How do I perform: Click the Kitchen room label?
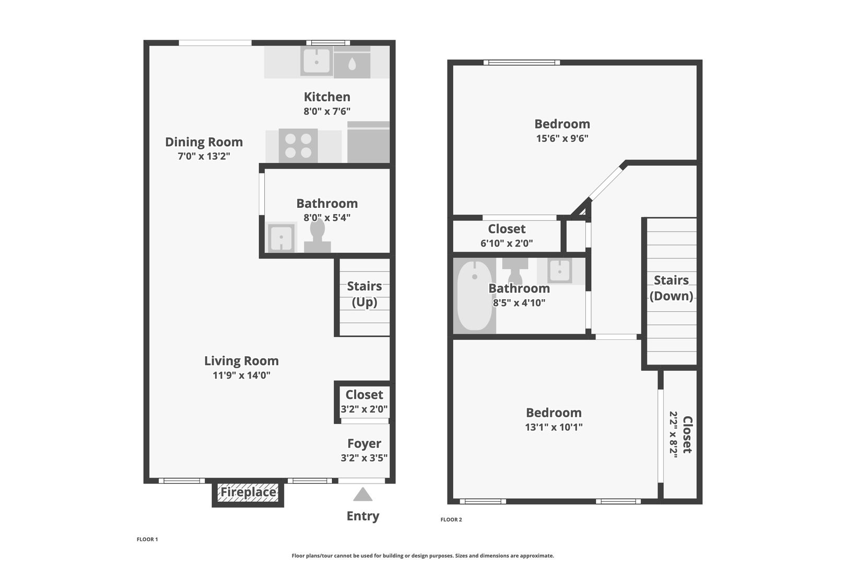[327, 97]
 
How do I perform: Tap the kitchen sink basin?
[316, 61]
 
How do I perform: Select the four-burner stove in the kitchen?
[298, 145]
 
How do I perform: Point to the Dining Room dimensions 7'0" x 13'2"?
[204, 156]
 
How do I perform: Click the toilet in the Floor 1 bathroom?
[318, 236]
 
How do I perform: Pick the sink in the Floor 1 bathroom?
[281, 237]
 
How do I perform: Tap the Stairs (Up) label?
[365, 294]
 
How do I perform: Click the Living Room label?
[242, 361]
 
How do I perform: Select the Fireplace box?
[248, 492]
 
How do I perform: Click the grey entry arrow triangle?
[363, 495]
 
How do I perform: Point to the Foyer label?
[365, 443]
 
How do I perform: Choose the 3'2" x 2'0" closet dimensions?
[364, 409]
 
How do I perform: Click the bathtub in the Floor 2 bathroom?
[475, 296]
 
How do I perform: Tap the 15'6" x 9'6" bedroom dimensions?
[562, 138]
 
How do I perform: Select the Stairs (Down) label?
[672, 288]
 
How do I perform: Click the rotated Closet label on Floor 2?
[687, 435]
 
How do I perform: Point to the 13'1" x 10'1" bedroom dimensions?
[554, 427]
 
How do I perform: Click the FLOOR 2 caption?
[451, 520]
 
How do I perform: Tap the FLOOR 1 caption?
[147, 539]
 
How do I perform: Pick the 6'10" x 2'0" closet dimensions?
[507, 243]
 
